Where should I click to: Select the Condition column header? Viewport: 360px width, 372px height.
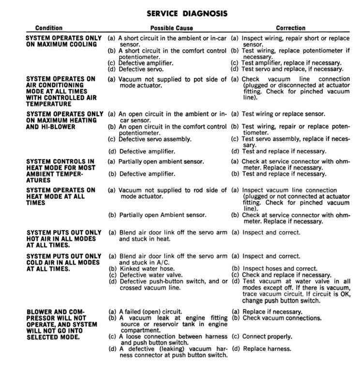pyautogui.click(x=49, y=28)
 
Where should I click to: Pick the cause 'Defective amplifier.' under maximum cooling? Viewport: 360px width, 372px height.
pyautogui.click(x=146, y=62)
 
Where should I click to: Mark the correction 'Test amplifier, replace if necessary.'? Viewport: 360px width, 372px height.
pyautogui.click(x=291, y=62)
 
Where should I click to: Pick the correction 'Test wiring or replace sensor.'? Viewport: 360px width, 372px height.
pyautogui.click(x=284, y=114)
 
